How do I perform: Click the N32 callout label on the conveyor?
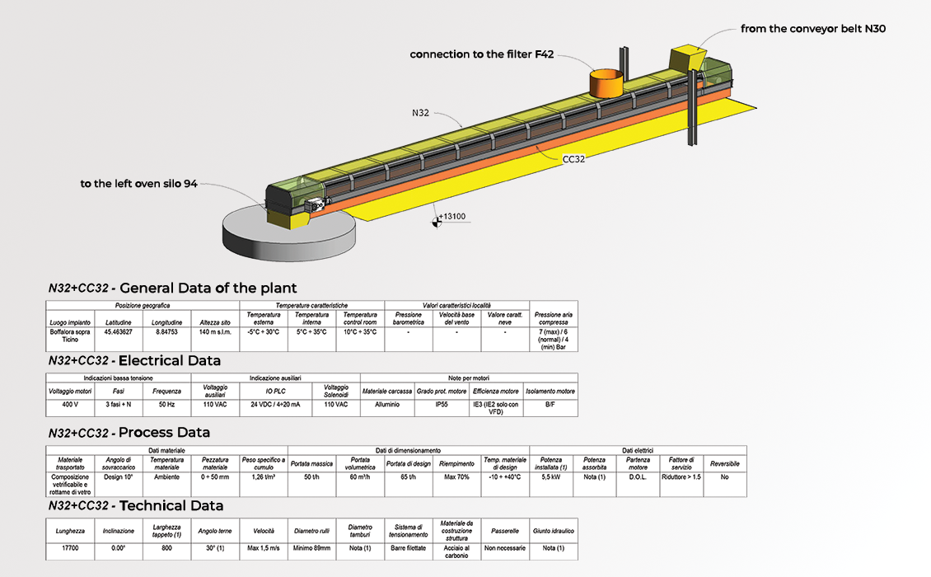[420, 112]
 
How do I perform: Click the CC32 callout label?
[573, 159]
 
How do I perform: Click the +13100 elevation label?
[452, 217]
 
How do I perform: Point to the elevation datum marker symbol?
[435, 219]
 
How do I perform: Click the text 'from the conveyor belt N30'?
[813, 29]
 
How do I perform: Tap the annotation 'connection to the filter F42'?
[482, 55]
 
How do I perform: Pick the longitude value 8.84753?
[167, 332]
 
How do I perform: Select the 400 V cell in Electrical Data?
[70, 405]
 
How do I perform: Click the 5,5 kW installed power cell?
[551, 477]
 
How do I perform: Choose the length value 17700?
[70, 548]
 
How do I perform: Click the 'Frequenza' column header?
[167, 391]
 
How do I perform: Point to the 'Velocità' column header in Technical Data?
[264, 531]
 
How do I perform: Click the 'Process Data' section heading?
[164, 433]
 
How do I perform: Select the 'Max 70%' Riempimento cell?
[456, 477]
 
